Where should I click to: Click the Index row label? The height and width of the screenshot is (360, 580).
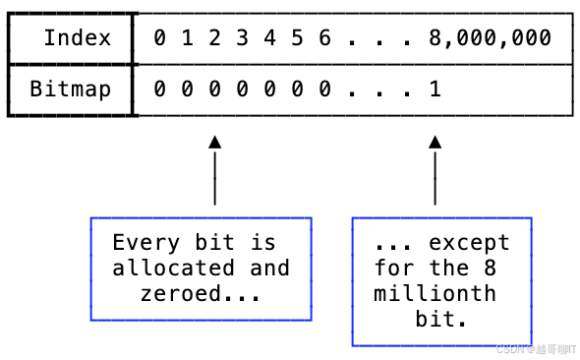(x=76, y=39)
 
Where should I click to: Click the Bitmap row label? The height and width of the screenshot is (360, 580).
(x=70, y=90)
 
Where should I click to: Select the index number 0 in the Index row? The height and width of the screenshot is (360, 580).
(x=160, y=39)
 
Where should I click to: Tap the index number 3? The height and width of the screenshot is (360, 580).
(x=242, y=39)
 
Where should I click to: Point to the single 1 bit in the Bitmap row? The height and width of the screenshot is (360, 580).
(x=435, y=90)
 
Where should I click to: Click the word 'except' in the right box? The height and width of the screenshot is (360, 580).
(x=469, y=242)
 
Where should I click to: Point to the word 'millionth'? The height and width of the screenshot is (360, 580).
(x=435, y=293)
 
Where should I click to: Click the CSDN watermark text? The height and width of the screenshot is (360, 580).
(x=536, y=349)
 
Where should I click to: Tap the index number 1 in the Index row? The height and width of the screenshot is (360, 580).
(x=187, y=39)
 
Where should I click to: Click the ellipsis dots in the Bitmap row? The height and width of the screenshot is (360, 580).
(x=379, y=90)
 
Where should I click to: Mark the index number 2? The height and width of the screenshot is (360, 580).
(x=214, y=39)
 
